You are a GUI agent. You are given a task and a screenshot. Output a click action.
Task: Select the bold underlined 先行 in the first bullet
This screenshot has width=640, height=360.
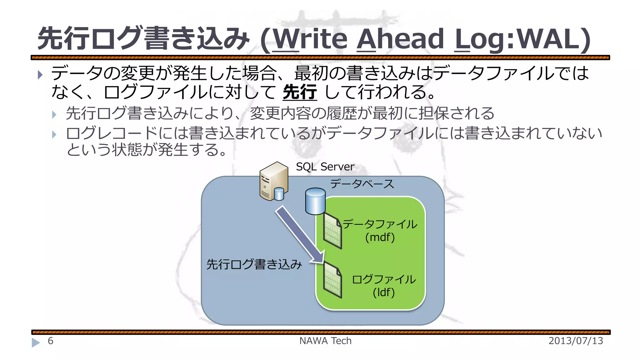[300, 92]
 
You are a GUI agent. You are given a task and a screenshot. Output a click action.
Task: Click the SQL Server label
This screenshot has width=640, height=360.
[325, 167]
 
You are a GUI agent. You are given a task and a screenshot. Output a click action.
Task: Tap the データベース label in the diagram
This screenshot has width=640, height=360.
[362, 184]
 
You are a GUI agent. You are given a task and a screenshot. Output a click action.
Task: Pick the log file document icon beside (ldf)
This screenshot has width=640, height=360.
[332, 280]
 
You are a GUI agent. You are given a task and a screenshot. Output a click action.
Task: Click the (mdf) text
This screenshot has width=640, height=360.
[380, 237]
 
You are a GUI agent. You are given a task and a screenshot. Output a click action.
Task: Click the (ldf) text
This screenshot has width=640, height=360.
[384, 292]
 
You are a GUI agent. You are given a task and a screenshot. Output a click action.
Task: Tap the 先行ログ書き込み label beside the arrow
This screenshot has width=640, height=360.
[254, 264]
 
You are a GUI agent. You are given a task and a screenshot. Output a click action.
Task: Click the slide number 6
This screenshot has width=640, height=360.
[51, 341]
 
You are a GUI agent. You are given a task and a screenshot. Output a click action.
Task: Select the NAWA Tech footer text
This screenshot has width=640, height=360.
[325, 341]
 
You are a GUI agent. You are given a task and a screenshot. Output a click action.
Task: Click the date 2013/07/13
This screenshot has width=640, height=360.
[576, 341]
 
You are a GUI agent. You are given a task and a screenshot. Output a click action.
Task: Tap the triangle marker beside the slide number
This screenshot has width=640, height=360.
[36, 342]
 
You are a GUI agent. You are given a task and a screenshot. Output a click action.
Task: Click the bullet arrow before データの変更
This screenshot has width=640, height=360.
[40, 75]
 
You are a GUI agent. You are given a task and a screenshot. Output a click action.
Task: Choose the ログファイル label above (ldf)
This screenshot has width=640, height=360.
[384, 279]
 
